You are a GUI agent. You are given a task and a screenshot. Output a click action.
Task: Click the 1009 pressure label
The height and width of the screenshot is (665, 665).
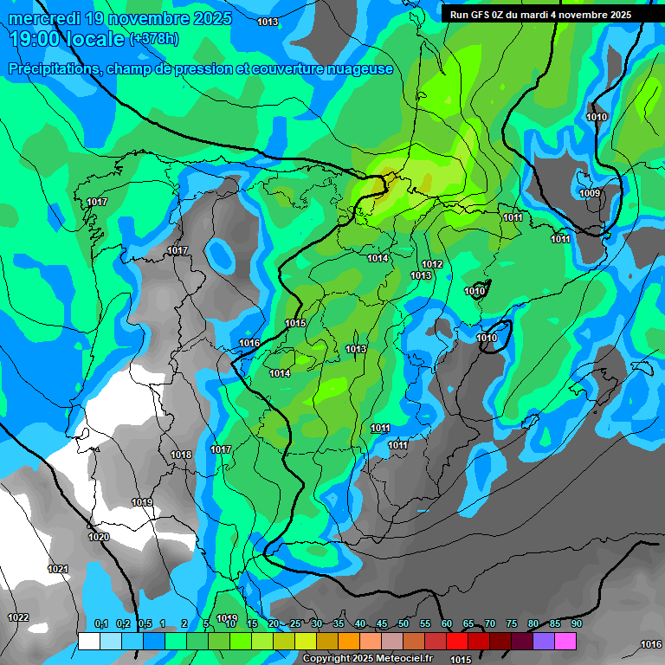pyautogui.click(x=590, y=193)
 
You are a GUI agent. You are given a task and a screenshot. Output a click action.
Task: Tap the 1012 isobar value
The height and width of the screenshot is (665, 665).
pyautogui.click(x=433, y=264)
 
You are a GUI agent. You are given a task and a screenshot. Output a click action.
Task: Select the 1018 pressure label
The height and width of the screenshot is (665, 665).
pyautogui.click(x=181, y=455)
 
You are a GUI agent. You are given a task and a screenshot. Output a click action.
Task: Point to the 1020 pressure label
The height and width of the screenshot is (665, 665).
pyautogui.click(x=99, y=538)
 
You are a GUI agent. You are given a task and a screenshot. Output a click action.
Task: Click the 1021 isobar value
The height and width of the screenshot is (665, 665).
pyautogui.click(x=58, y=569)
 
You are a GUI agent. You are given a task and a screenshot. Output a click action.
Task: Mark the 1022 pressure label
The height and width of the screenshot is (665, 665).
pyautogui.click(x=18, y=617)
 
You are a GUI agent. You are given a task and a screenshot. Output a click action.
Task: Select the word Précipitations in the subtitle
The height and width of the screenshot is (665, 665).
pyautogui.click(x=53, y=68)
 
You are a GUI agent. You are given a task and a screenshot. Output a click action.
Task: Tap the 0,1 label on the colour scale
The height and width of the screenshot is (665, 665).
pyautogui.click(x=100, y=624)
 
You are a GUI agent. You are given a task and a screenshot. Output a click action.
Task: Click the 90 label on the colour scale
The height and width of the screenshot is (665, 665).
pyautogui.click(x=576, y=624)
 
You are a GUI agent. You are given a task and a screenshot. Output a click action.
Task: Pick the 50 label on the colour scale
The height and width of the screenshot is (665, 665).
pyautogui.click(x=404, y=624)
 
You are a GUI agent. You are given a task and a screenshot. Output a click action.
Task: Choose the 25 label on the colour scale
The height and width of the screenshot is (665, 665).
pyautogui.click(x=295, y=624)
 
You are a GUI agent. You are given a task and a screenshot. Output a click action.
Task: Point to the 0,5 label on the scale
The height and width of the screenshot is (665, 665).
pyautogui.click(x=145, y=624)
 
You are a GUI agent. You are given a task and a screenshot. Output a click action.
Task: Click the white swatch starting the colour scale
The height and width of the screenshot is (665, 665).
pyautogui.click(x=88, y=641)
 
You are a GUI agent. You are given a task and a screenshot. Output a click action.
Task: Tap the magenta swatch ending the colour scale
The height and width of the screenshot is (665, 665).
pyautogui.click(x=565, y=641)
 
